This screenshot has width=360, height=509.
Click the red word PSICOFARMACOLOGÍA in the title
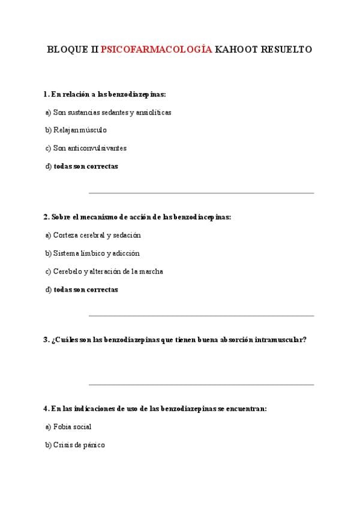tap(157, 50)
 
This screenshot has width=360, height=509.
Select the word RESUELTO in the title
tap(286, 50)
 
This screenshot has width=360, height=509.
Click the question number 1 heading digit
tap(46, 94)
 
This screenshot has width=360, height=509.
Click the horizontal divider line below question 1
tap(201, 193)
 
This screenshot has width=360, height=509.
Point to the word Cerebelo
tap(67, 271)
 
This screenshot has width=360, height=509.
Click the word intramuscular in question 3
tap(279, 340)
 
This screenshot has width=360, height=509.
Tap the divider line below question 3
tap(201, 385)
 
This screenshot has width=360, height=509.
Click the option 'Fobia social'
tap(72, 427)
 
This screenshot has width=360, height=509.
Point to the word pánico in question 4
tap(92, 445)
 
